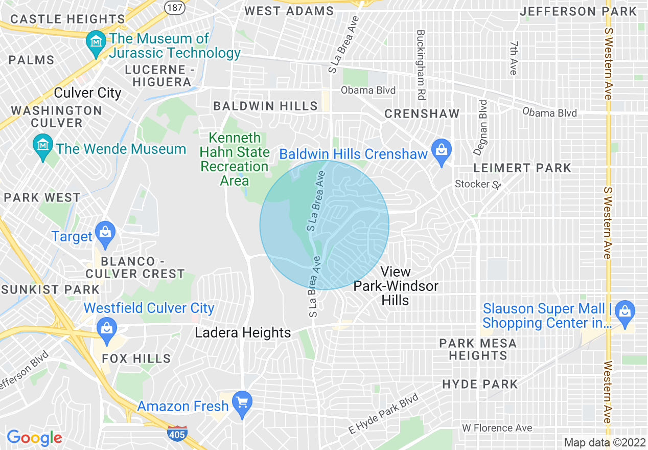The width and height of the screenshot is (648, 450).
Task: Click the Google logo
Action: pyautogui.click(x=34, y=438)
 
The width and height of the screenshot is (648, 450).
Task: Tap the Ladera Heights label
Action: pyautogui.click(x=243, y=333)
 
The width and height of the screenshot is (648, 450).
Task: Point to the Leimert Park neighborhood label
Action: pyautogui.click(x=522, y=168)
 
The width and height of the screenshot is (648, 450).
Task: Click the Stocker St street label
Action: pyautogui.click(x=479, y=184)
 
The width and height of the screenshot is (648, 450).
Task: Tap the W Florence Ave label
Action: pyautogui.click(x=497, y=428)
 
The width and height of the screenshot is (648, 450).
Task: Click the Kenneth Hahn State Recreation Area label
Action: pyautogui.click(x=234, y=159)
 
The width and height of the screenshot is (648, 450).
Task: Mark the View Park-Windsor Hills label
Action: pyautogui.click(x=396, y=286)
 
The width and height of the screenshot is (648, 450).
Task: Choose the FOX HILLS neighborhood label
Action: pyautogui.click(x=136, y=358)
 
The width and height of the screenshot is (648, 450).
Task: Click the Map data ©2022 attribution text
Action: pyautogui.click(x=605, y=442)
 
